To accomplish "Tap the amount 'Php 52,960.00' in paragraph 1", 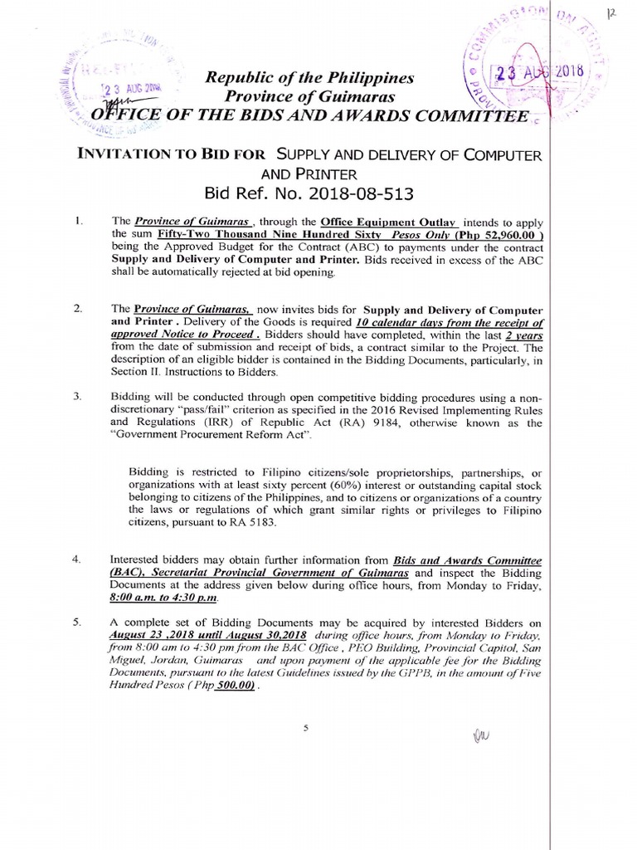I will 494,235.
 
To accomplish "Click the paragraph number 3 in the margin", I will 76,397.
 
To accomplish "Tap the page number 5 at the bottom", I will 305,727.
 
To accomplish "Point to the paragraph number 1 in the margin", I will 76,222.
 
